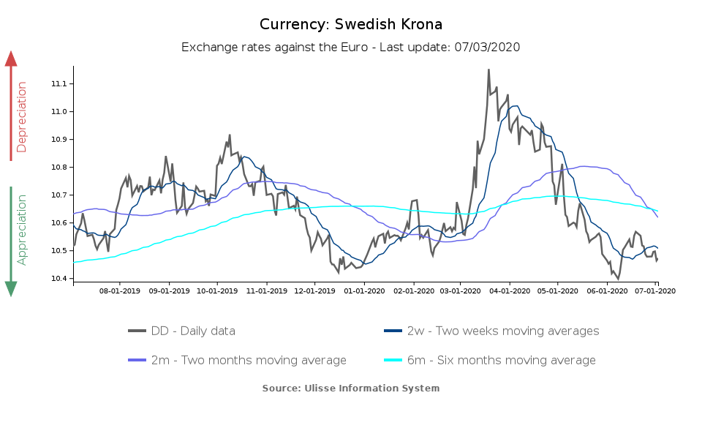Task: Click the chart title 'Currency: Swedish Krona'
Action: (351, 24)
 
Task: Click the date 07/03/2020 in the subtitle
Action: (486, 48)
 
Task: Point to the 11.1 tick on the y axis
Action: (58, 84)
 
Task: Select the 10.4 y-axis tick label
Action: (58, 279)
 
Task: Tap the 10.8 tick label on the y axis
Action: (58, 168)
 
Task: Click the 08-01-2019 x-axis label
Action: (120, 290)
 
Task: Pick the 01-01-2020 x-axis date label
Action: (363, 290)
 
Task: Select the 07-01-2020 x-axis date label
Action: (656, 290)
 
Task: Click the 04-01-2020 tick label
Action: (509, 290)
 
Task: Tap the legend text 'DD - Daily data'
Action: (193, 331)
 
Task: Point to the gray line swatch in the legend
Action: (137, 331)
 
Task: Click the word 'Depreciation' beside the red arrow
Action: (22, 117)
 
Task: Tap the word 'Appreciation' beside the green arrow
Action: (22, 229)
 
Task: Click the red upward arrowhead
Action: (11, 59)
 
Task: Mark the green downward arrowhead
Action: (11, 289)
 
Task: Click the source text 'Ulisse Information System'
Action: (371, 388)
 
